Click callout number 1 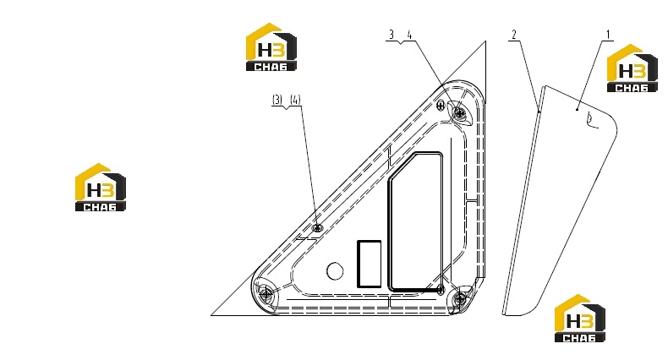click(608, 35)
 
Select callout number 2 click(514, 35)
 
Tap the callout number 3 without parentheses click(392, 35)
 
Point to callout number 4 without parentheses click(410, 35)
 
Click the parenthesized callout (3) click(277, 100)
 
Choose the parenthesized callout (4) click(295, 100)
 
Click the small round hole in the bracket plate click(335, 270)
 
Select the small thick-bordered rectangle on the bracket click(369, 264)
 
